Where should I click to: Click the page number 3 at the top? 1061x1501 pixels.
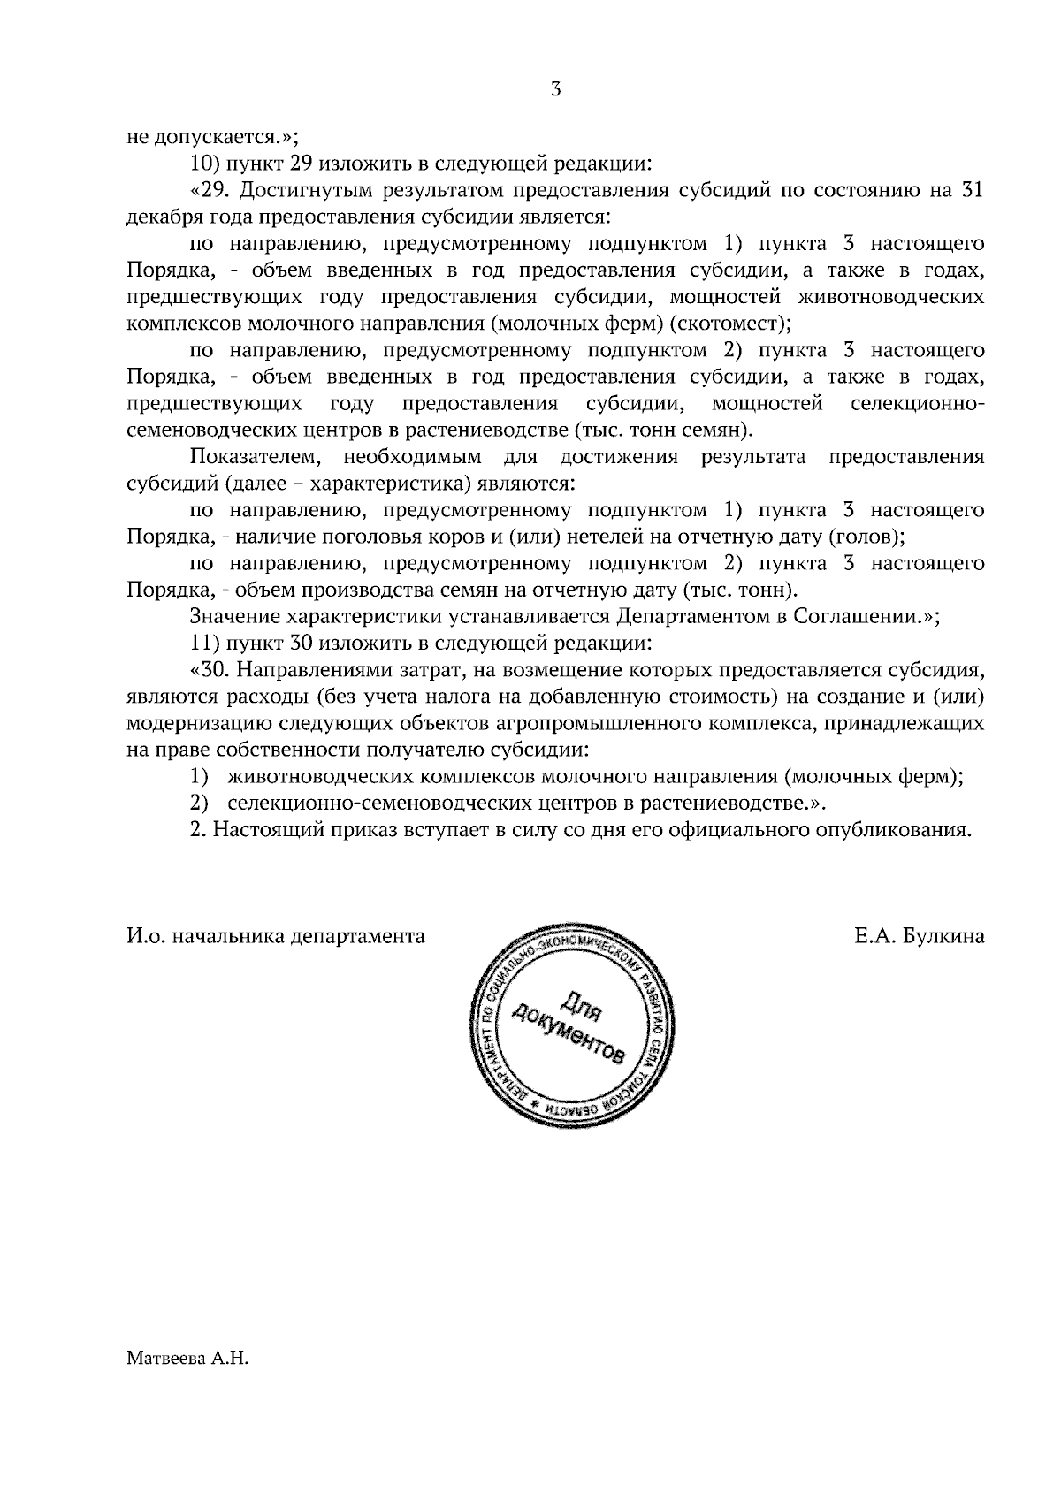click(x=555, y=89)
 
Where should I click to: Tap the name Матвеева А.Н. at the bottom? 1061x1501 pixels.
click(x=188, y=1382)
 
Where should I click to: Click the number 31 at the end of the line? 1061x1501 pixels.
click(x=971, y=191)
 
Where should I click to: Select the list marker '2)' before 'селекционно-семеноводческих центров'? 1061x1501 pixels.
click(x=199, y=804)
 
